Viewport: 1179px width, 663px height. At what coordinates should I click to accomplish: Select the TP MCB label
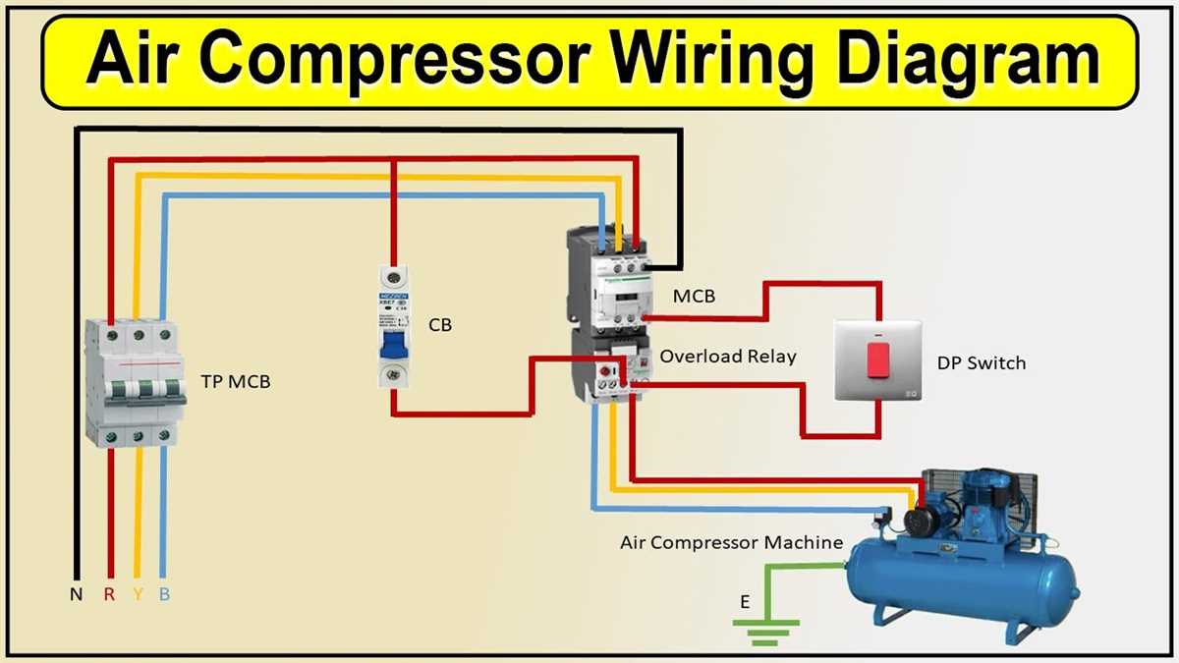235,381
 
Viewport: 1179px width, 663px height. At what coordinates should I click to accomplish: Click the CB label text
440,325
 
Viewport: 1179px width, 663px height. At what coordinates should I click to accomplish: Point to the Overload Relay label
727,357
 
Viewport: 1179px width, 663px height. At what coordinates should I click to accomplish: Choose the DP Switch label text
981,363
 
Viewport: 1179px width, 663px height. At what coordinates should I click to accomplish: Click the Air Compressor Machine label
731,542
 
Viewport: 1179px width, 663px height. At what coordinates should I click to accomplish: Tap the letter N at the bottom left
76,595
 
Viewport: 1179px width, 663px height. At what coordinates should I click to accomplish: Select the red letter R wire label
109,595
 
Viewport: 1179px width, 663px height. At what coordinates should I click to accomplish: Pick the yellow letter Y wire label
138,595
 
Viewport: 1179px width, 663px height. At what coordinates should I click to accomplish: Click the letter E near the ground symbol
745,602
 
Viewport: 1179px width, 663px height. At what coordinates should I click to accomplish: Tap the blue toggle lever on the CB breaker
395,346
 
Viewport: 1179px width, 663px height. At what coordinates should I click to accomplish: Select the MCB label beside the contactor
694,296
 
